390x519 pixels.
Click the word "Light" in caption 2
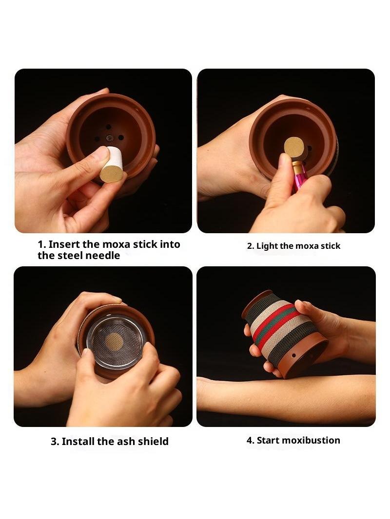tap(267, 246)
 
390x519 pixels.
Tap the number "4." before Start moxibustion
tap(251, 440)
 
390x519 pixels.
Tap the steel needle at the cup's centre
tap(109, 137)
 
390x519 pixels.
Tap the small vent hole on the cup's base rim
tap(293, 356)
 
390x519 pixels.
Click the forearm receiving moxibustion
tap(285, 397)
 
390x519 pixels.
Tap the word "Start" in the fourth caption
tap(268, 440)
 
